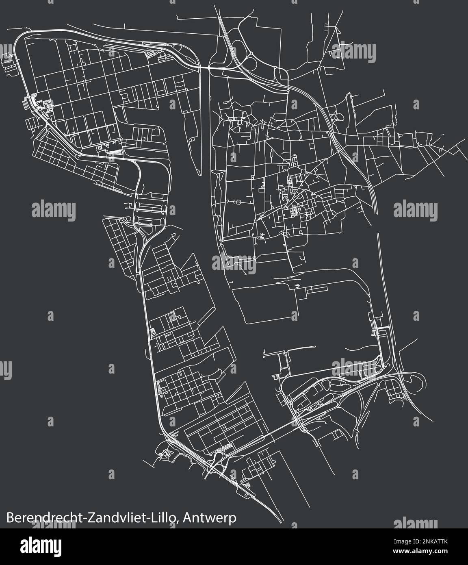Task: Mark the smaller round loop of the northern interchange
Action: click(x=281, y=74)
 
